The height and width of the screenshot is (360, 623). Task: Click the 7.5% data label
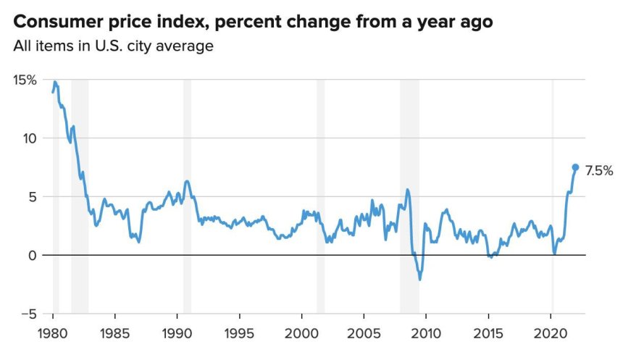click(598, 171)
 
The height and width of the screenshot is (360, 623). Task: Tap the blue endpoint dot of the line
click(576, 167)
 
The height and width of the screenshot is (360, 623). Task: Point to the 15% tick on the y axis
click(24, 80)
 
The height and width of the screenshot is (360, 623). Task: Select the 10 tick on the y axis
click(30, 138)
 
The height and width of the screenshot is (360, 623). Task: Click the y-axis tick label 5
click(33, 197)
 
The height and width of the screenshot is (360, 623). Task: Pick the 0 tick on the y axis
click(33, 256)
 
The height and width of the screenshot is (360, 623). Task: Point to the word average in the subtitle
click(188, 47)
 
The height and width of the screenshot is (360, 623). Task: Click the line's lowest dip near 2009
click(419, 280)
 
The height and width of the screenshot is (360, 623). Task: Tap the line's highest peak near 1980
click(55, 83)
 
